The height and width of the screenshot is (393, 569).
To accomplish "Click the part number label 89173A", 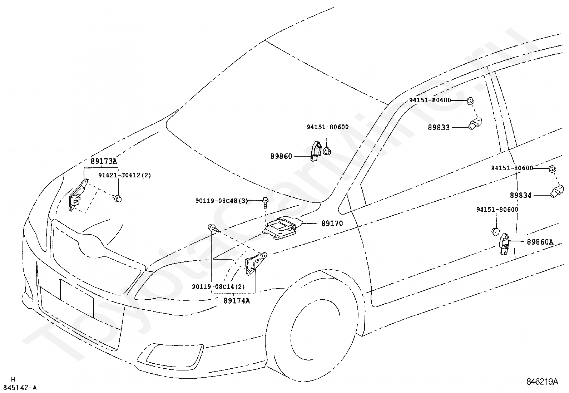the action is tap(104, 161).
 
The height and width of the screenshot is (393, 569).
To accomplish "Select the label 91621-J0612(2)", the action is tap(125, 175).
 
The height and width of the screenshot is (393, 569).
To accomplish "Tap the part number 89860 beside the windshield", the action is tap(281, 156).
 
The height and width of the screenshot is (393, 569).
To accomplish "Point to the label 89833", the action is tap(439, 127).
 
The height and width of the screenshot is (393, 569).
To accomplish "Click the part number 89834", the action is tap(521, 195).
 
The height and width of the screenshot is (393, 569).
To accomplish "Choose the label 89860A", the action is tap(540, 242).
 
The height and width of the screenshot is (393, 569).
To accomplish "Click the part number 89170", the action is tap(332, 223).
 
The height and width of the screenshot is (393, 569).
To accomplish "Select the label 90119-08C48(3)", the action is tap(222, 201).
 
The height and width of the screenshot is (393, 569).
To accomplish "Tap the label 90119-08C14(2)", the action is tap(218, 287).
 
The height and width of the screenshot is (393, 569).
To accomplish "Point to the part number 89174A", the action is tap(237, 301).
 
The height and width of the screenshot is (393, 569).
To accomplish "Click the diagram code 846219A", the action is tap(542, 382).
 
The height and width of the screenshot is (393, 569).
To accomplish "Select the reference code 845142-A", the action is tap(20, 388).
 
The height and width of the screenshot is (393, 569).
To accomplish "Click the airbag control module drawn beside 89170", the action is tap(282, 228).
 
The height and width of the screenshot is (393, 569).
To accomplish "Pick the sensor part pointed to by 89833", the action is tap(475, 123).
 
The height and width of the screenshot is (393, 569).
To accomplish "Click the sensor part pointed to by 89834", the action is tap(557, 191).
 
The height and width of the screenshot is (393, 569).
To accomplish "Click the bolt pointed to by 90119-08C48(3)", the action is tap(266, 202).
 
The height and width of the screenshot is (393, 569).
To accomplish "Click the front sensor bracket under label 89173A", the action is tap(77, 195).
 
